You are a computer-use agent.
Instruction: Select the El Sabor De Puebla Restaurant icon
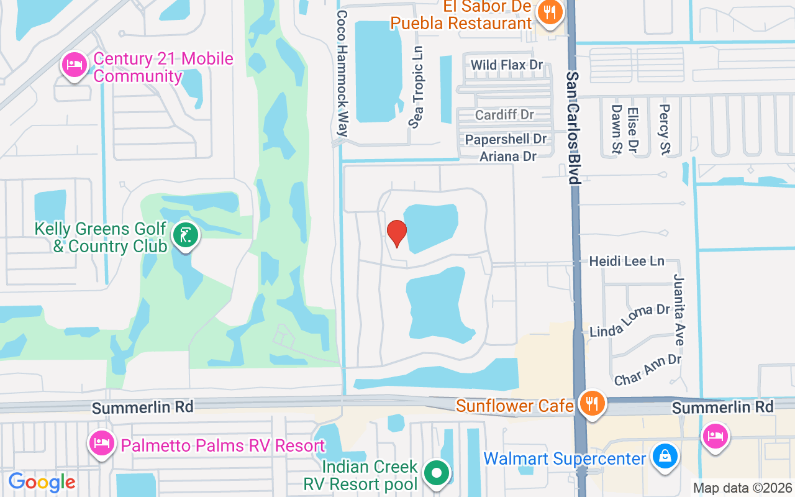(x=550, y=13)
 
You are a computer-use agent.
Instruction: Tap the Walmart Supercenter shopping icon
(x=664, y=458)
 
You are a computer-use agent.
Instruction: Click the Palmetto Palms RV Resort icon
(x=101, y=444)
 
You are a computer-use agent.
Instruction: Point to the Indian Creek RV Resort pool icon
(x=437, y=473)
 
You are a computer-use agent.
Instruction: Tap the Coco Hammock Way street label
(x=342, y=73)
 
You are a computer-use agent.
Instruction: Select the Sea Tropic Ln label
(x=417, y=87)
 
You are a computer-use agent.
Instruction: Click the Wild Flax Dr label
(x=507, y=65)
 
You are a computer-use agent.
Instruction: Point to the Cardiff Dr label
(x=504, y=115)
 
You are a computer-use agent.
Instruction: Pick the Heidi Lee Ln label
(x=627, y=261)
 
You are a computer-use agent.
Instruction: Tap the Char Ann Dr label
(x=647, y=369)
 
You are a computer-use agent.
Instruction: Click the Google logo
(x=42, y=482)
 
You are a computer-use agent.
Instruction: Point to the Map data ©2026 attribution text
(x=742, y=488)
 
